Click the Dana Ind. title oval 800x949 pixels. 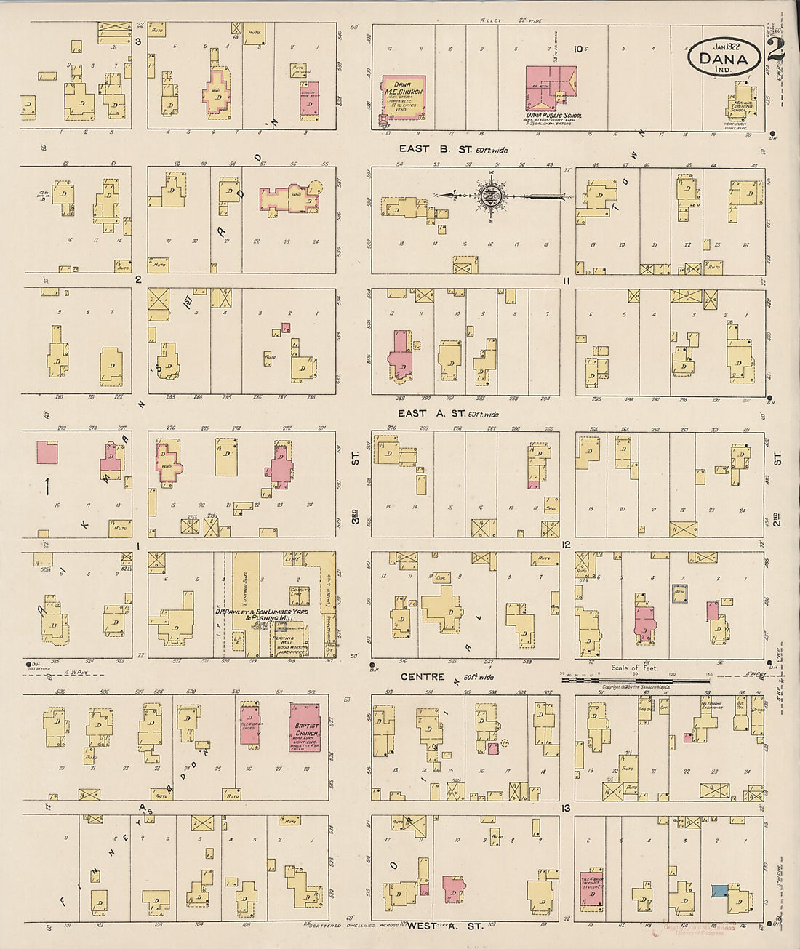[724, 55]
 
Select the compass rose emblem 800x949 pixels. [489, 195]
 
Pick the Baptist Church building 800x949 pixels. [304, 726]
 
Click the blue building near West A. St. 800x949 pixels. [719, 892]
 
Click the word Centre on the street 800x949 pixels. [423, 677]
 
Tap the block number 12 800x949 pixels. [567, 544]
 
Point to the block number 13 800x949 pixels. [567, 808]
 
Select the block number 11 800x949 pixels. [567, 281]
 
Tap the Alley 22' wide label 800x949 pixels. [513, 20]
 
